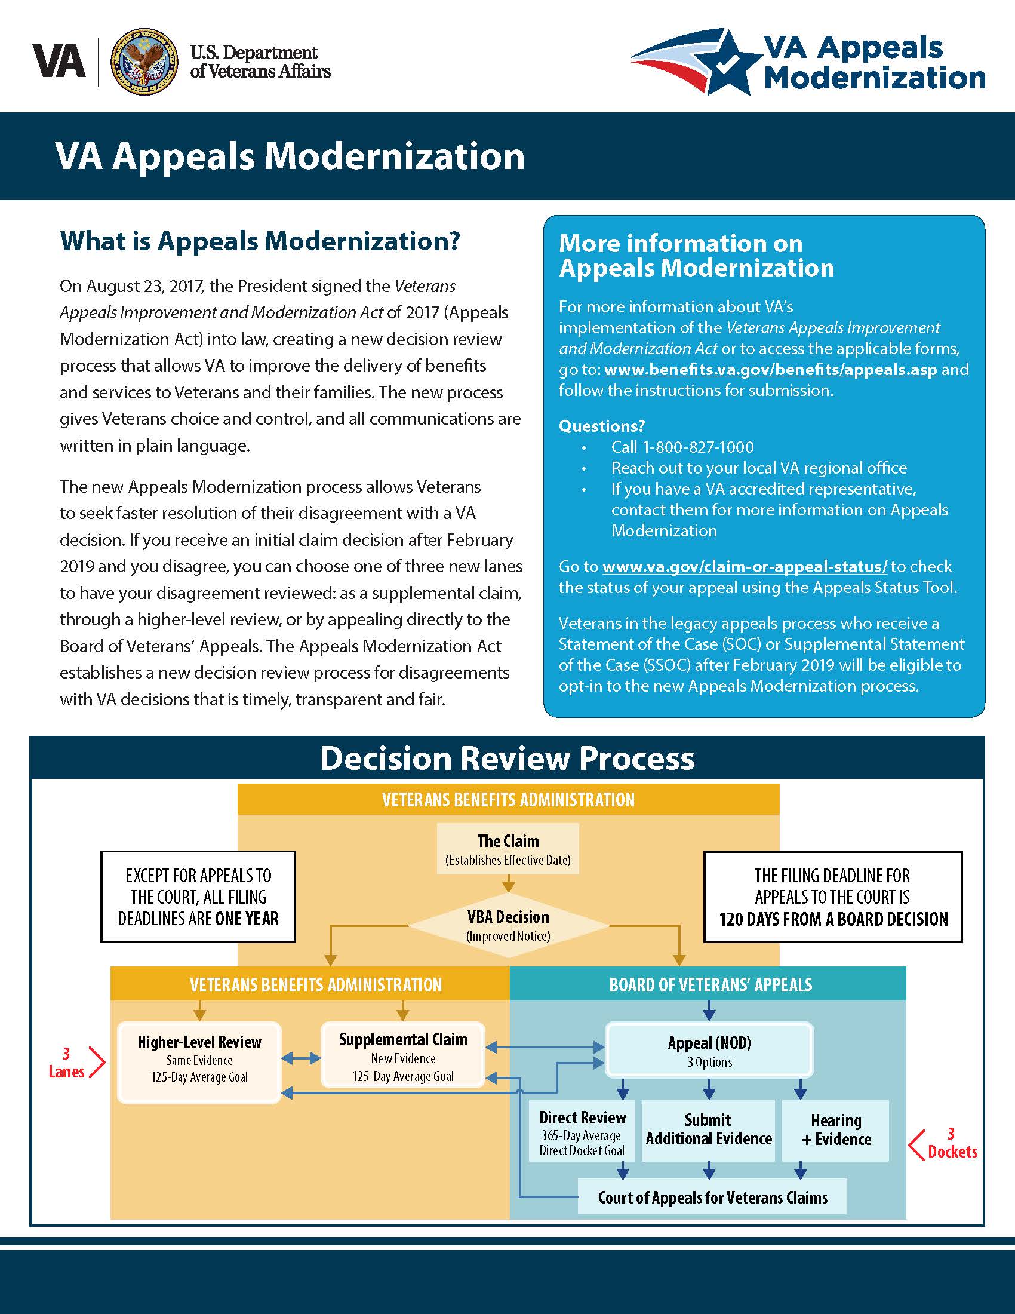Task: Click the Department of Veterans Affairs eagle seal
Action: click(x=144, y=62)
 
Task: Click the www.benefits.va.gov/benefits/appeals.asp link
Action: click(x=770, y=369)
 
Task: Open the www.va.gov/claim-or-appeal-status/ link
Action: click(x=745, y=567)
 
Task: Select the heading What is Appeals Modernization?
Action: click(x=260, y=241)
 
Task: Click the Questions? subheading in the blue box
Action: click(x=601, y=426)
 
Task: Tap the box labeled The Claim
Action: click(x=508, y=848)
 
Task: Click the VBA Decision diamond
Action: click(x=508, y=925)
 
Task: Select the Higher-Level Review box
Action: click(x=199, y=1062)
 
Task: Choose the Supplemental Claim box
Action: click(x=403, y=1055)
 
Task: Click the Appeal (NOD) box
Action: click(x=709, y=1050)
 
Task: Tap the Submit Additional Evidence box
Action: click(x=709, y=1131)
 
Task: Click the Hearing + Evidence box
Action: click(x=836, y=1131)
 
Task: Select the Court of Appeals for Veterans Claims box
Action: click(x=712, y=1197)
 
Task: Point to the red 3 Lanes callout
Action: click(x=76, y=1063)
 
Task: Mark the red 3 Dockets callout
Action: click(x=942, y=1143)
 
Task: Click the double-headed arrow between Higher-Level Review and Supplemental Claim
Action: click(x=301, y=1058)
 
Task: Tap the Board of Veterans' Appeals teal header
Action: click(x=708, y=984)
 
